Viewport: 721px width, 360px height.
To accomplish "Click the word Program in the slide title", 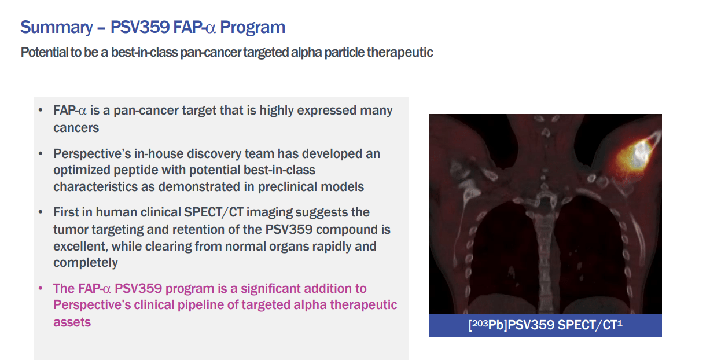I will click(x=253, y=27).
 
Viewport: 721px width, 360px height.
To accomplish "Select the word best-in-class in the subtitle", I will click(x=134, y=52).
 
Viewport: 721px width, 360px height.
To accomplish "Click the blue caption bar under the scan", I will click(x=545, y=325).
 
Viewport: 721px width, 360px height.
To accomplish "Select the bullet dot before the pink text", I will click(x=40, y=288).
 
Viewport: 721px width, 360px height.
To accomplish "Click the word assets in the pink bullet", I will click(x=72, y=322).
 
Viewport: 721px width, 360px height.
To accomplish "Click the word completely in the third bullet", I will click(x=86, y=262).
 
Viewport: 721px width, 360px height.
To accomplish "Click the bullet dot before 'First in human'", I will click(x=40, y=212).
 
